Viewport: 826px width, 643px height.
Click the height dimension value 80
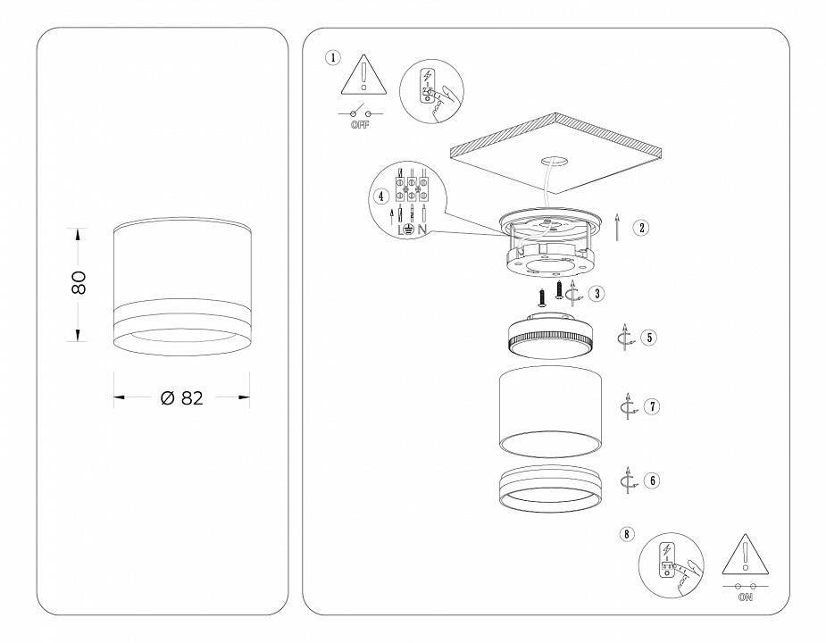click(x=79, y=283)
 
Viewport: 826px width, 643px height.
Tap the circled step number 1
click(x=333, y=59)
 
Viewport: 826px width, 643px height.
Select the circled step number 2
click(x=641, y=227)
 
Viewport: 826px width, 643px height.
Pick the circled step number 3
click(x=597, y=292)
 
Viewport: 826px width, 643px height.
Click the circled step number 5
click(x=649, y=338)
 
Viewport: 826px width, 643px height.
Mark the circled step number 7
click(x=653, y=406)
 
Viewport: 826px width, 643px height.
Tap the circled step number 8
click(x=628, y=534)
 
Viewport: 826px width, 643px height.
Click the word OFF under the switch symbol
click(x=361, y=125)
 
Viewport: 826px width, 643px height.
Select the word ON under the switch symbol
click(x=745, y=597)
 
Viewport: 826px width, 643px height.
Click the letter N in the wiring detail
click(x=421, y=230)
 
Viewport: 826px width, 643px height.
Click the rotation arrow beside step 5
click(x=627, y=338)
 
